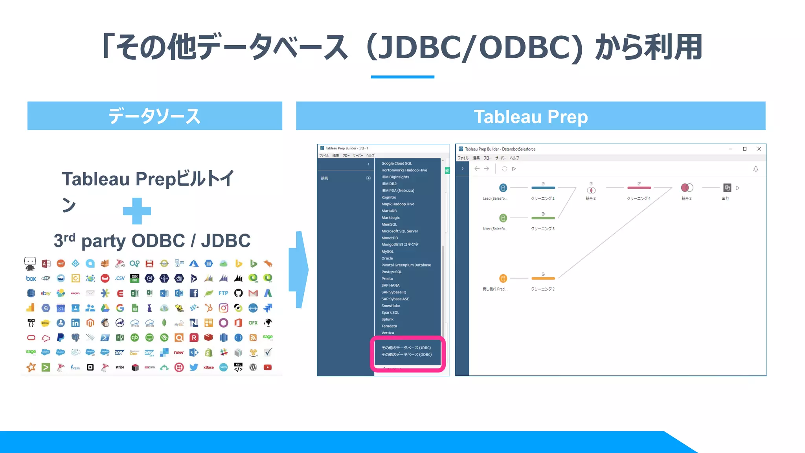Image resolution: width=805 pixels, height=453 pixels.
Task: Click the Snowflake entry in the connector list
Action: pos(390,306)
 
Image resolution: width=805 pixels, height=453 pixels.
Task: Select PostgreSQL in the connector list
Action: pos(391,272)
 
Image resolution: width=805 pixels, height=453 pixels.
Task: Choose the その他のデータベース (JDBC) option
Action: pos(406,348)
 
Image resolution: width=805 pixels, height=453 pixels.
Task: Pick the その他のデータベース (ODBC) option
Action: pos(406,354)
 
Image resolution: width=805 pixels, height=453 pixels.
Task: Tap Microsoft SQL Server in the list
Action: pos(399,231)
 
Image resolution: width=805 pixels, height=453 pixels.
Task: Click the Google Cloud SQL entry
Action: pos(396,163)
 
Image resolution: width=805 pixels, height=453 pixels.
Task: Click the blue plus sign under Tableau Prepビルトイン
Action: pos(137,211)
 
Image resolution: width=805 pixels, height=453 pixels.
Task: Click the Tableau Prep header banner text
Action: pos(531,117)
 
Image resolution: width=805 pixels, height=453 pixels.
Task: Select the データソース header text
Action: pos(154,116)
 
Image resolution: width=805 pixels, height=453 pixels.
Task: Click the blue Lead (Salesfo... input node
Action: pos(503,188)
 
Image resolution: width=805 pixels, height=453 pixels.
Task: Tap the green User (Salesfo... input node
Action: pos(503,218)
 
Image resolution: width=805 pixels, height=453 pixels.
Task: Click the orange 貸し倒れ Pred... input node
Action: pos(503,278)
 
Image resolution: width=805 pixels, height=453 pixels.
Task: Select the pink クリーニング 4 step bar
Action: pos(639,188)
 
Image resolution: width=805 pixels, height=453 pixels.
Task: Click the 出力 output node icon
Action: pos(727,188)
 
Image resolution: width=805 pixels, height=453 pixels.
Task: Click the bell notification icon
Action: pos(755,169)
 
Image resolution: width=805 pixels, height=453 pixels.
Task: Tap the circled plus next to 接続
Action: pos(368,178)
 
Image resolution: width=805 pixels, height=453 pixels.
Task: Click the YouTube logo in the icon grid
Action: pos(268,367)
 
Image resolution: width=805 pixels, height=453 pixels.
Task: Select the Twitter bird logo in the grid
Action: pos(194,367)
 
